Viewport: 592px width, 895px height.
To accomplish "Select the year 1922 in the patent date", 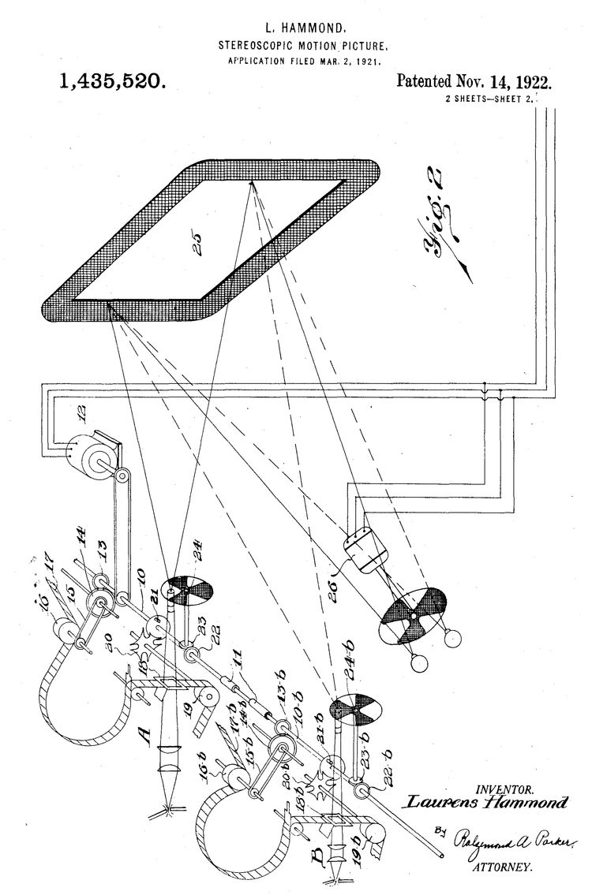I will pyautogui.click(x=530, y=82).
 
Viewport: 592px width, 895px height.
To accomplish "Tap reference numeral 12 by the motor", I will pyautogui.click(x=78, y=411).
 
